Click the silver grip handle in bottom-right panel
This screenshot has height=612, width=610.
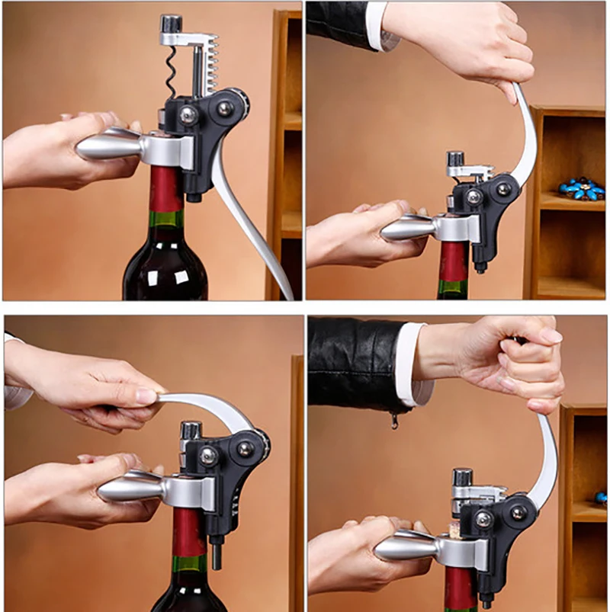(404, 545)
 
